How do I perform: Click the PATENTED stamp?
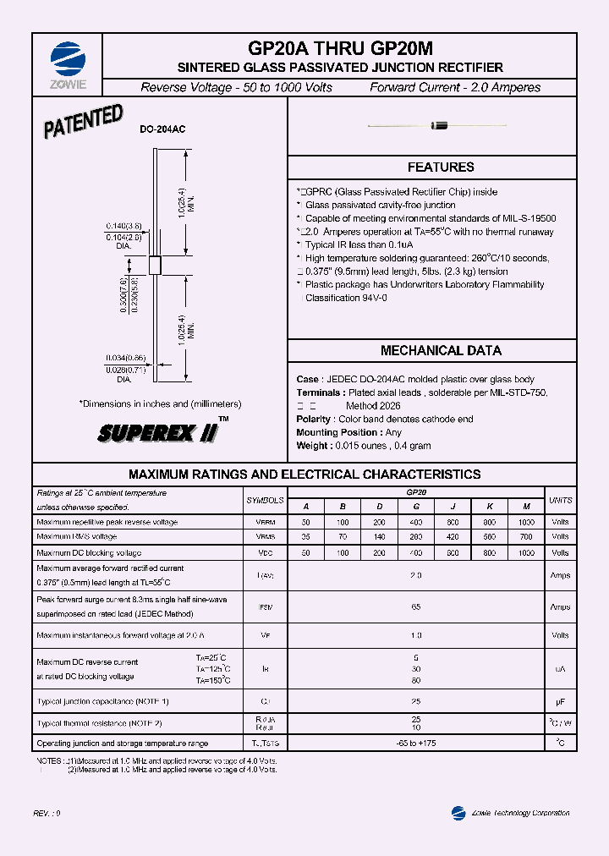(x=84, y=122)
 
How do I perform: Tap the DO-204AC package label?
(x=162, y=129)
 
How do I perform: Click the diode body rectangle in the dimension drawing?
(x=155, y=265)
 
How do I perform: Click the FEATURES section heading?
(x=441, y=167)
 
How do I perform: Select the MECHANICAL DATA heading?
(x=441, y=350)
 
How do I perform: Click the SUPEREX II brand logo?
(x=159, y=433)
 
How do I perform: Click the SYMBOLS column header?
(x=265, y=501)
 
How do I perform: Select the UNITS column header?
(x=560, y=501)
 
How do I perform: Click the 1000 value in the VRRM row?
(x=526, y=522)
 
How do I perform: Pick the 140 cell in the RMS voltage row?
(x=380, y=537)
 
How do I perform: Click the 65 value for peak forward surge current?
(x=416, y=607)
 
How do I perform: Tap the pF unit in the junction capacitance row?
(x=560, y=702)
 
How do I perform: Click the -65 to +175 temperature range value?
(x=416, y=744)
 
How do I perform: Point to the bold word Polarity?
(x=314, y=420)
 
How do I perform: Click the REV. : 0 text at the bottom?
(x=47, y=813)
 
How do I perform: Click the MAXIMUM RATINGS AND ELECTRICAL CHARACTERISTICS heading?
(x=304, y=475)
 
